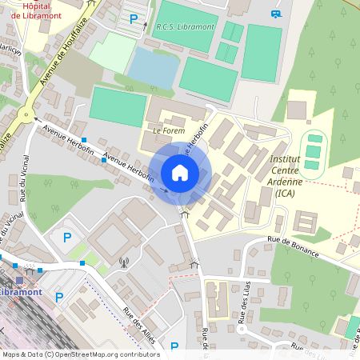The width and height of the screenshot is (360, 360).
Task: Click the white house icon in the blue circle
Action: click(x=180, y=172)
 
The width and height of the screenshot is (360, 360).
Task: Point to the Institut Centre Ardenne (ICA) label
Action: click(x=286, y=176)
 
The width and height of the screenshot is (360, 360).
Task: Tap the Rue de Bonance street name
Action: click(x=294, y=246)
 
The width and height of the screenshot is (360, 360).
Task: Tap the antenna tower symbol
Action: click(x=124, y=261)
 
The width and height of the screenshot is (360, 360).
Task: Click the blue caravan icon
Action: click(x=276, y=13)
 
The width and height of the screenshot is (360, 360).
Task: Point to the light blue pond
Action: click(x=152, y=66)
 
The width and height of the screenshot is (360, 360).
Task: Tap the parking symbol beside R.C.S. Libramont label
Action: click(x=134, y=18)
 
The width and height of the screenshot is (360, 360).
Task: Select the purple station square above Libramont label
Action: click(x=19, y=280)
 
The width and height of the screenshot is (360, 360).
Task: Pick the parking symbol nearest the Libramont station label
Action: click(x=58, y=297)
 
